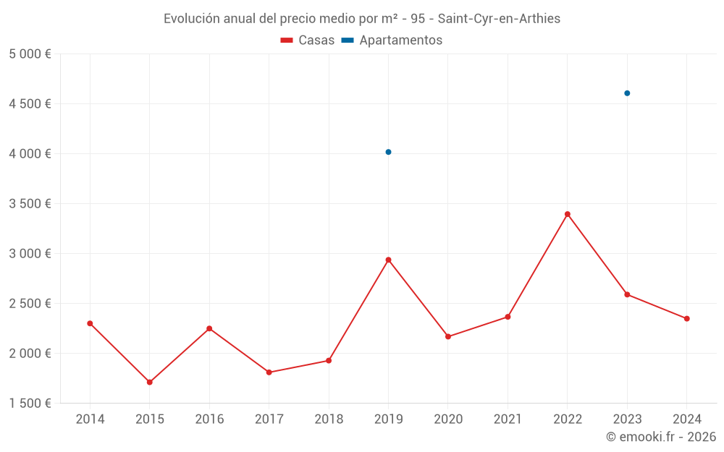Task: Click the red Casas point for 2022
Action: point(568,214)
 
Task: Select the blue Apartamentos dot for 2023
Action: point(627,93)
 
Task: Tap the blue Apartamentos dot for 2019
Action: point(389,152)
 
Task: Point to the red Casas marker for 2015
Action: point(150,382)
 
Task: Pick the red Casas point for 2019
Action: point(389,260)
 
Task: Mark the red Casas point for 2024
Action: point(686,318)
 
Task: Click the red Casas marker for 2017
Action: point(269,372)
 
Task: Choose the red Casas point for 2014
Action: point(90,323)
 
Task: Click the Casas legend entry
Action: point(308,40)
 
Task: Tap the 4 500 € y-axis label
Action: point(30,103)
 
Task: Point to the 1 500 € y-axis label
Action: point(30,403)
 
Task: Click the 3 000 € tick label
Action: point(30,253)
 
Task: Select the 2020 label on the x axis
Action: point(448,419)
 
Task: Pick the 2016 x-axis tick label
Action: point(209,419)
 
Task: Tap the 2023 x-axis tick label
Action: point(627,419)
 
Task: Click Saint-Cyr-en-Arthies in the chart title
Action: point(499,19)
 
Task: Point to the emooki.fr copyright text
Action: point(661,437)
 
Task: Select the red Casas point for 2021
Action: point(508,317)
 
